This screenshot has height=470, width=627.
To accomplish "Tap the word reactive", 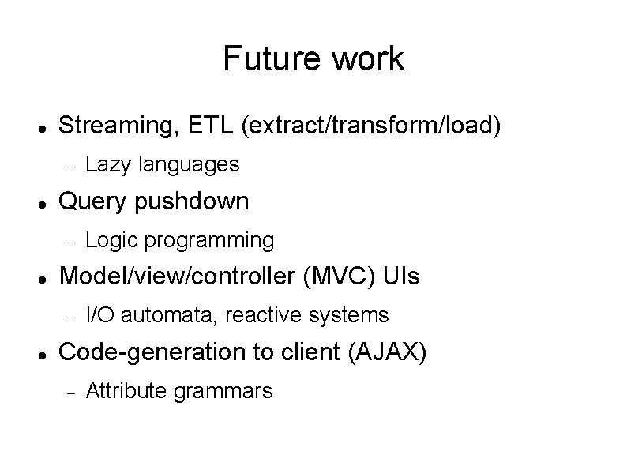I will tap(267, 315).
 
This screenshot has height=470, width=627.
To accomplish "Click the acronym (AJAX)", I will tap(387, 352).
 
